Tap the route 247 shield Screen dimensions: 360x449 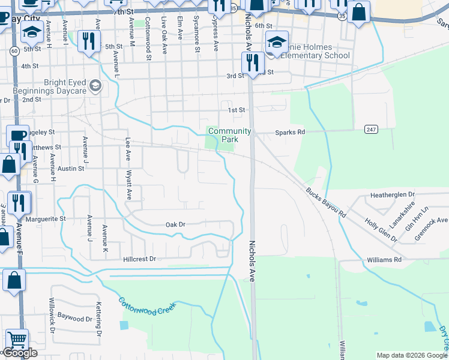370,129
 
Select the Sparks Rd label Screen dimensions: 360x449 290,131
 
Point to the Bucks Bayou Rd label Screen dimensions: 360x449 326,203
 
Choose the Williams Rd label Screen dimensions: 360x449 385,260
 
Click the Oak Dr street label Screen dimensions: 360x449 175,224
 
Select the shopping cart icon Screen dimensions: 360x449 16,340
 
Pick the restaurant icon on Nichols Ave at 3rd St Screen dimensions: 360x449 251,62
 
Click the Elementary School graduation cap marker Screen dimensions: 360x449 276,43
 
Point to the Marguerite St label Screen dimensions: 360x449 45,219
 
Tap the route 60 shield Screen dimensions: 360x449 13,51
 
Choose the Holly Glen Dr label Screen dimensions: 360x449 381,229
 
